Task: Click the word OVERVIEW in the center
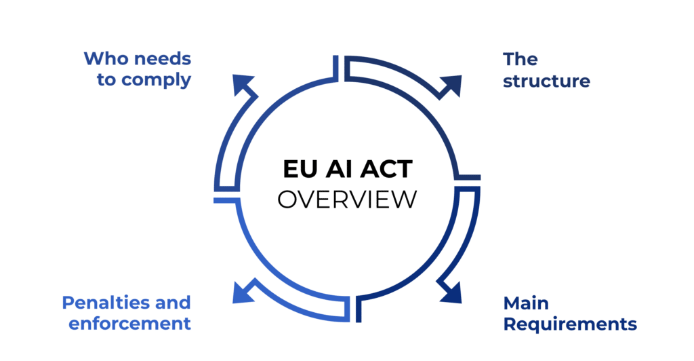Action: click(x=347, y=199)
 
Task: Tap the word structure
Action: click(x=546, y=81)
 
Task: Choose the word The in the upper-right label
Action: click(x=520, y=59)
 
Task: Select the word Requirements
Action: click(x=569, y=324)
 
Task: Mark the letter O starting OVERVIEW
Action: click(x=287, y=199)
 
